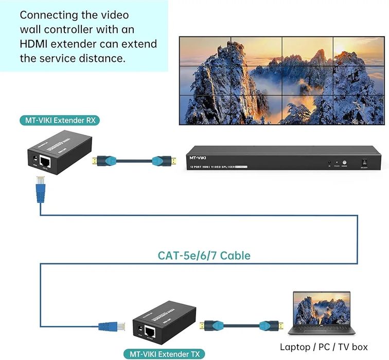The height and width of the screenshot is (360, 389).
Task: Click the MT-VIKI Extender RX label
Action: tap(59, 121)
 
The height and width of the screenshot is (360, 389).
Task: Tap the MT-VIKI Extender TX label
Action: tap(164, 354)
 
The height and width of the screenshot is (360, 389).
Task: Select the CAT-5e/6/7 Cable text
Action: tap(204, 255)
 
